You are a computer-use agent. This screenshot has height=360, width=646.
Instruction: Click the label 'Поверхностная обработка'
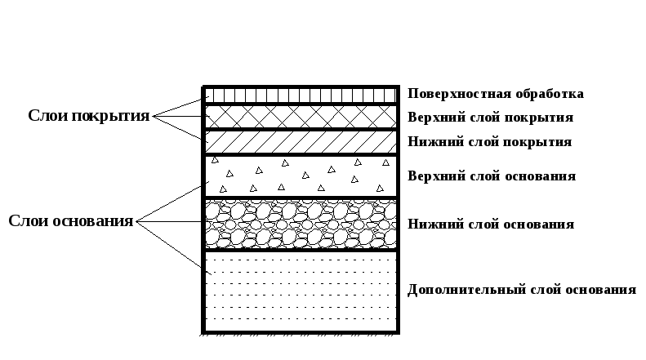(x=495, y=94)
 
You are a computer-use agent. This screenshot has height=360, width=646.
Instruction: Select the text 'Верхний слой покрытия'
(x=490, y=118)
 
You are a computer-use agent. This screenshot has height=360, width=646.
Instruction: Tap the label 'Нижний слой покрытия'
(x=488, y=142)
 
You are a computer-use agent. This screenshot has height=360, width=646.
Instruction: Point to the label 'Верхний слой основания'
(x=491, y=176)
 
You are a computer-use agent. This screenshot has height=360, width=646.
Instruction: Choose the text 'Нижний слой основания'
(x=490, y=224)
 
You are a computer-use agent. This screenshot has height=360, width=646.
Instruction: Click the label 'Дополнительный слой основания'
(x=520, y=291)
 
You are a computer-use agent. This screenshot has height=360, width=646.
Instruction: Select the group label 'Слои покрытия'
(x=89, y=116)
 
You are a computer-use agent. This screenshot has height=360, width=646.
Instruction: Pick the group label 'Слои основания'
(x=70, y=221)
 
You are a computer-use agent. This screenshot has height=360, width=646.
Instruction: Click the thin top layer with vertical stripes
(x=301, y=95)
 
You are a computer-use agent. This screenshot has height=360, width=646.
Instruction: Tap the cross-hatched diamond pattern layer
(x=301, y=116)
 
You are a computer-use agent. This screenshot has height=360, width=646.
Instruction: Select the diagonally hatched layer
(x=301, y=141)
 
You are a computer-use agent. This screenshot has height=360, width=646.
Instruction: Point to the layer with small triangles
(x=301, y=176)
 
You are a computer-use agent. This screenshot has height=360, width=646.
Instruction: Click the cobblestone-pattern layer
(x=301, y=224)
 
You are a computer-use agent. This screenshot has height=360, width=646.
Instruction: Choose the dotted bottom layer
(x=301, y=291)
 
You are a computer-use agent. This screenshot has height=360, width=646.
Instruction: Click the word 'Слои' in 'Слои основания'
(x=27, y=221)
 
